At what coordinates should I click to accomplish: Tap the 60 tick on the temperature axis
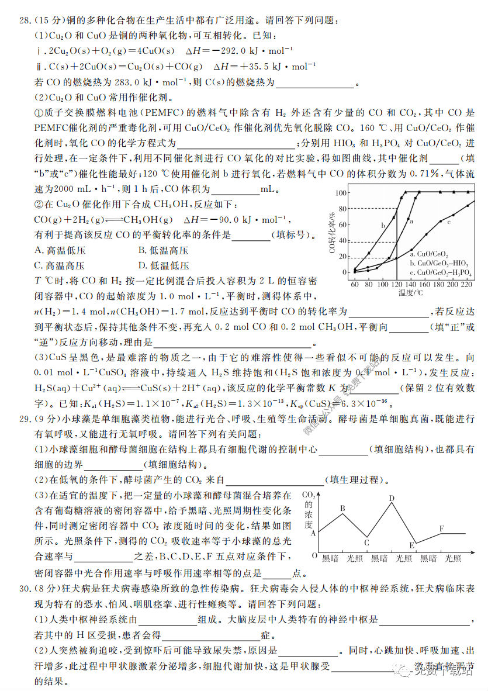pos(355,284)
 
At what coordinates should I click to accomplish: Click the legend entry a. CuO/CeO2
pos(430,254)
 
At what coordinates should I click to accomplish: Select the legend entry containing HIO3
pos(439,263)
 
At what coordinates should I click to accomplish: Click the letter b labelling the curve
pos(383,225)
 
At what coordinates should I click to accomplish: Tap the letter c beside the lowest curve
pos(448,222)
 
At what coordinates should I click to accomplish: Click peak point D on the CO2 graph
pos(392,498)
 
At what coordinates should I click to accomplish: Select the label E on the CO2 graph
pos(411,546)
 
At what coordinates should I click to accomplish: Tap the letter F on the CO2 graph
pos(441,528)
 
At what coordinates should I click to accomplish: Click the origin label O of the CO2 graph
pos(314,555)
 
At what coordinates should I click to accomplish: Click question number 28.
pos(25,20)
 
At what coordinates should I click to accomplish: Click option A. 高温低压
pos(60,250)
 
